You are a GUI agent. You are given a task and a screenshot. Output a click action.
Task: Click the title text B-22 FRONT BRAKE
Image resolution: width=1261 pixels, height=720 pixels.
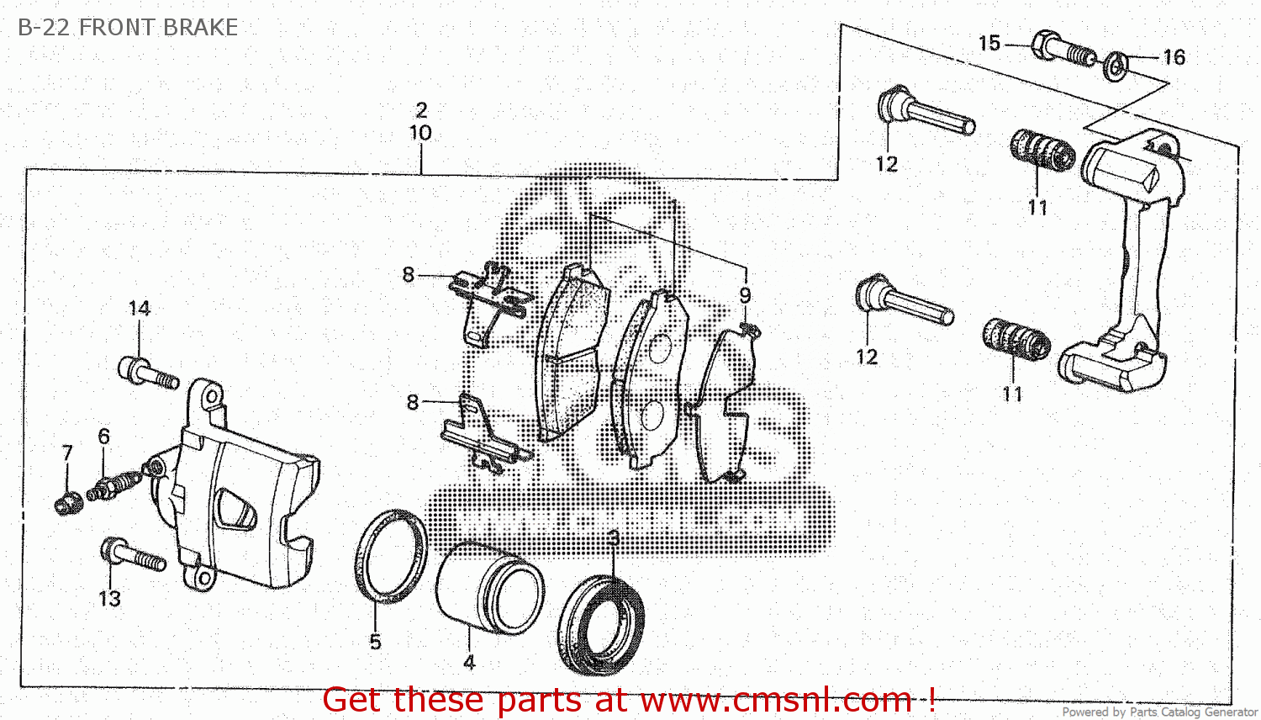(128, 28)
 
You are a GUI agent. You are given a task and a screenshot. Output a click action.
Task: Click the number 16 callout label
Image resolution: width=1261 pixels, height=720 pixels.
(1174, 57)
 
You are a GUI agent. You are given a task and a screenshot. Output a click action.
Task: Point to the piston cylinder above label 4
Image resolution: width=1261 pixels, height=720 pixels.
(489, 586)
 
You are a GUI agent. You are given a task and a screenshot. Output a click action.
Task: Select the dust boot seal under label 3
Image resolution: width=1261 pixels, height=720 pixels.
(602, 624)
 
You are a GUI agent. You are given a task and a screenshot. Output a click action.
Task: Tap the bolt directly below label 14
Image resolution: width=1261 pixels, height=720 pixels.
(148, 373)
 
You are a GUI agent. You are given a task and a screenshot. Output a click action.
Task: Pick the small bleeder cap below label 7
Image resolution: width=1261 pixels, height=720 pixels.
(66, 504)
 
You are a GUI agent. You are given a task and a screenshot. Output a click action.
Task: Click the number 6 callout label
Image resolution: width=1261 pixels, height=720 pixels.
(103, 436)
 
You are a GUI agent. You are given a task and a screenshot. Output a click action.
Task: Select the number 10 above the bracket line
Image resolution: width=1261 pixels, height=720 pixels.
(420, 133)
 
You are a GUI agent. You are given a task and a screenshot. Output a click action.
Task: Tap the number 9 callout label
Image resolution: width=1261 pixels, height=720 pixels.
(745, 295)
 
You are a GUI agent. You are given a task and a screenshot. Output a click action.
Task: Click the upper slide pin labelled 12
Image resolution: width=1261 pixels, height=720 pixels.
(925, 113)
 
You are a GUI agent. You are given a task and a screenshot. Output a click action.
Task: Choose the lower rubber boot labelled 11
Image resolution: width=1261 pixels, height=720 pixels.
(1016, 340)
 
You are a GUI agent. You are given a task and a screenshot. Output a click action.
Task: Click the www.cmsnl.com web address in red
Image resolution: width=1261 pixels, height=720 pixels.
(777, 700)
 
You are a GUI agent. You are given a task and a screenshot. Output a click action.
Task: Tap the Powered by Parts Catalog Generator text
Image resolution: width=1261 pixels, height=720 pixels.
(1159, 712)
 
